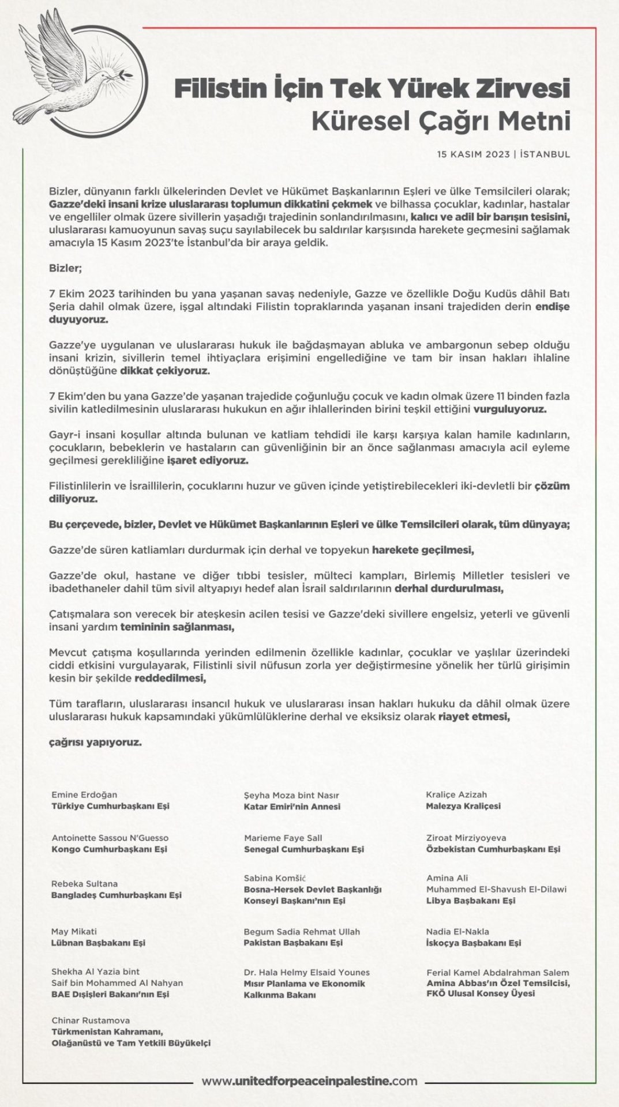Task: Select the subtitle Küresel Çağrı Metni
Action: (x=441, y=122)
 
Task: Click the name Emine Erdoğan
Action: (x=84, y=795)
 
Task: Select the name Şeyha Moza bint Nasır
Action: (x=291, y=795)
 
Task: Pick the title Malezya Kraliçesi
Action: (x=463, y=806)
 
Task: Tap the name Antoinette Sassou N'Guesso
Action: (x=110, y=838)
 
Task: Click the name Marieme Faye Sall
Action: (x=283, y=838)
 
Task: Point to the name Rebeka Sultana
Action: (x=84, y=883)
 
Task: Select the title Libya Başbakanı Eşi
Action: (x=471, y=900)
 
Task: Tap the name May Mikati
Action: (x=74, y=931)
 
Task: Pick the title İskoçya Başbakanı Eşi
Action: (x=473, y=943)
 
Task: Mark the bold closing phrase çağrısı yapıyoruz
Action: (x=95, y=742)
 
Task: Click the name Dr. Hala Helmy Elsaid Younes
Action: (x=306, y=972)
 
